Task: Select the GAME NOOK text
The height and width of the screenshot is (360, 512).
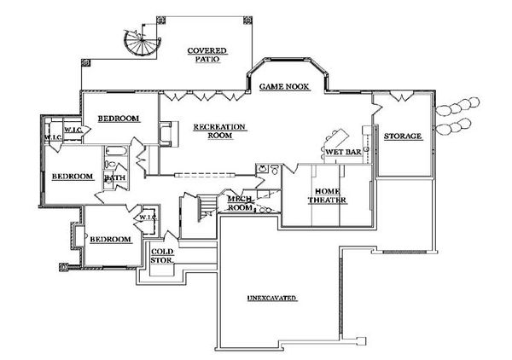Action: pyautogui.click(x=283, y=87)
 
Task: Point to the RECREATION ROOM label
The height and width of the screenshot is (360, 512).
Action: pyautogui.click(x=219, y=131)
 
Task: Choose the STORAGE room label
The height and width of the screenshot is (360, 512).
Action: pyautogui.click(x=403, y=136)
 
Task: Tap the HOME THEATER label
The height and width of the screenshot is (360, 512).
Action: pyautogui.click(x=330, y=195)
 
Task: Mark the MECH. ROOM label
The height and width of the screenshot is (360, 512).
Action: pyautogui.click(x=240, y=202)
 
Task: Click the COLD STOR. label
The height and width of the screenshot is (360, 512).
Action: pyautogui.click(x=163, y=256)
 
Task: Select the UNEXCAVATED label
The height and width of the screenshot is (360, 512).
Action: pyautogui.click(x=271, y=299)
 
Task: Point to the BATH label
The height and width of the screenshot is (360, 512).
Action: pyautogui.click(x=114, y=178)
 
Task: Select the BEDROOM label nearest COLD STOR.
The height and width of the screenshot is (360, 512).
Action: pyautogui.click(x=111, y=240)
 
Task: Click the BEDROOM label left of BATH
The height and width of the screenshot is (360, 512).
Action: pyautogui.click(x=72, y=176)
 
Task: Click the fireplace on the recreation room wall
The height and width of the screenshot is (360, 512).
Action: pyautogui.click(x=167, y=134)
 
